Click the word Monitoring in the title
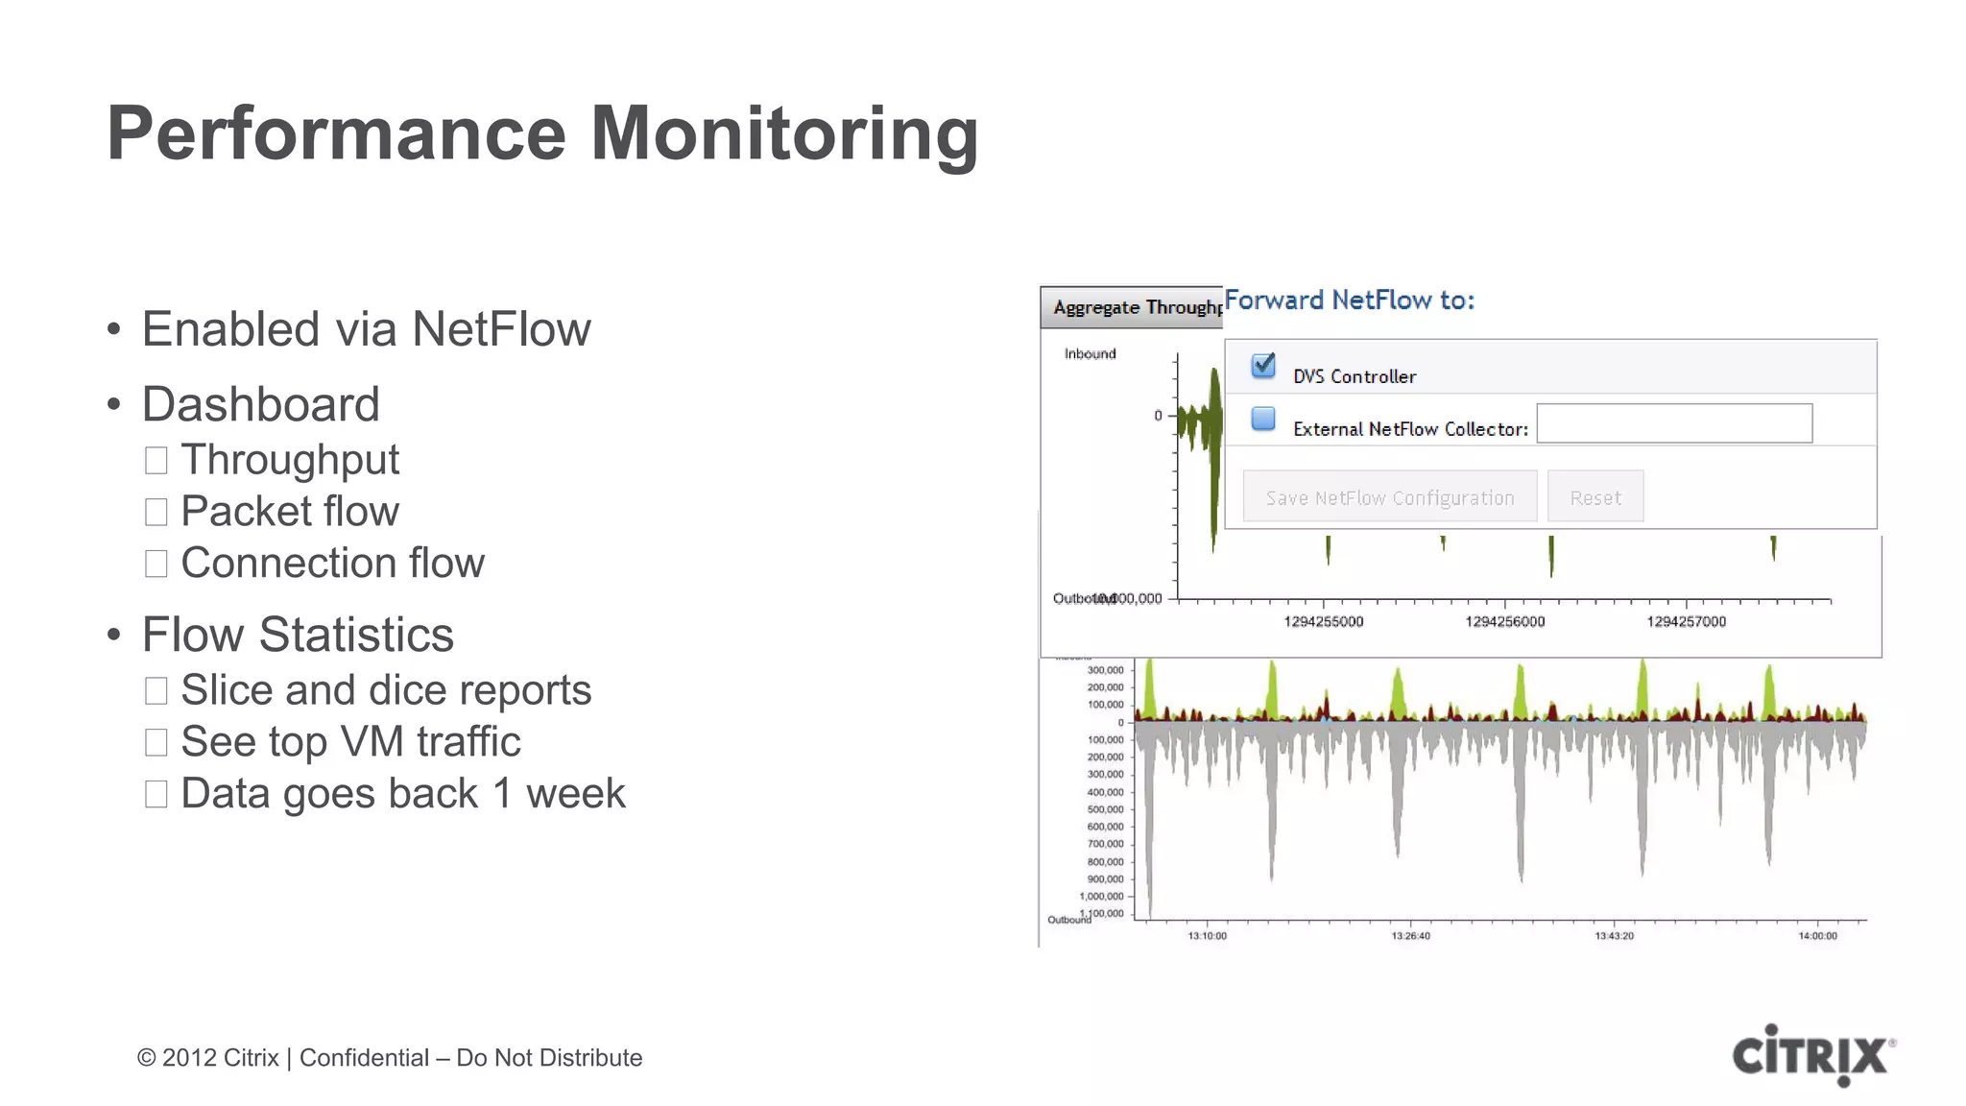784,133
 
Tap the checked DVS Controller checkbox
1263,366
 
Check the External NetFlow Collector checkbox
1263,419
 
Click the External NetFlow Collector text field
1674,423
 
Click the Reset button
1594,496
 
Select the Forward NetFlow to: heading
1349,301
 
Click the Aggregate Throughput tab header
1133,307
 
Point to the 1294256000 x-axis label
1504,622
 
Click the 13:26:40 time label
1410,936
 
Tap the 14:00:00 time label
1817,936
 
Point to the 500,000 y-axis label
1105,809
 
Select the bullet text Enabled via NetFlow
366,329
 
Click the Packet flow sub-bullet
289,511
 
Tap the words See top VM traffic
350,741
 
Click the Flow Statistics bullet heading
298,635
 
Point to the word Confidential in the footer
364,1058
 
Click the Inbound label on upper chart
1090,354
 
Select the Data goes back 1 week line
402,794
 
